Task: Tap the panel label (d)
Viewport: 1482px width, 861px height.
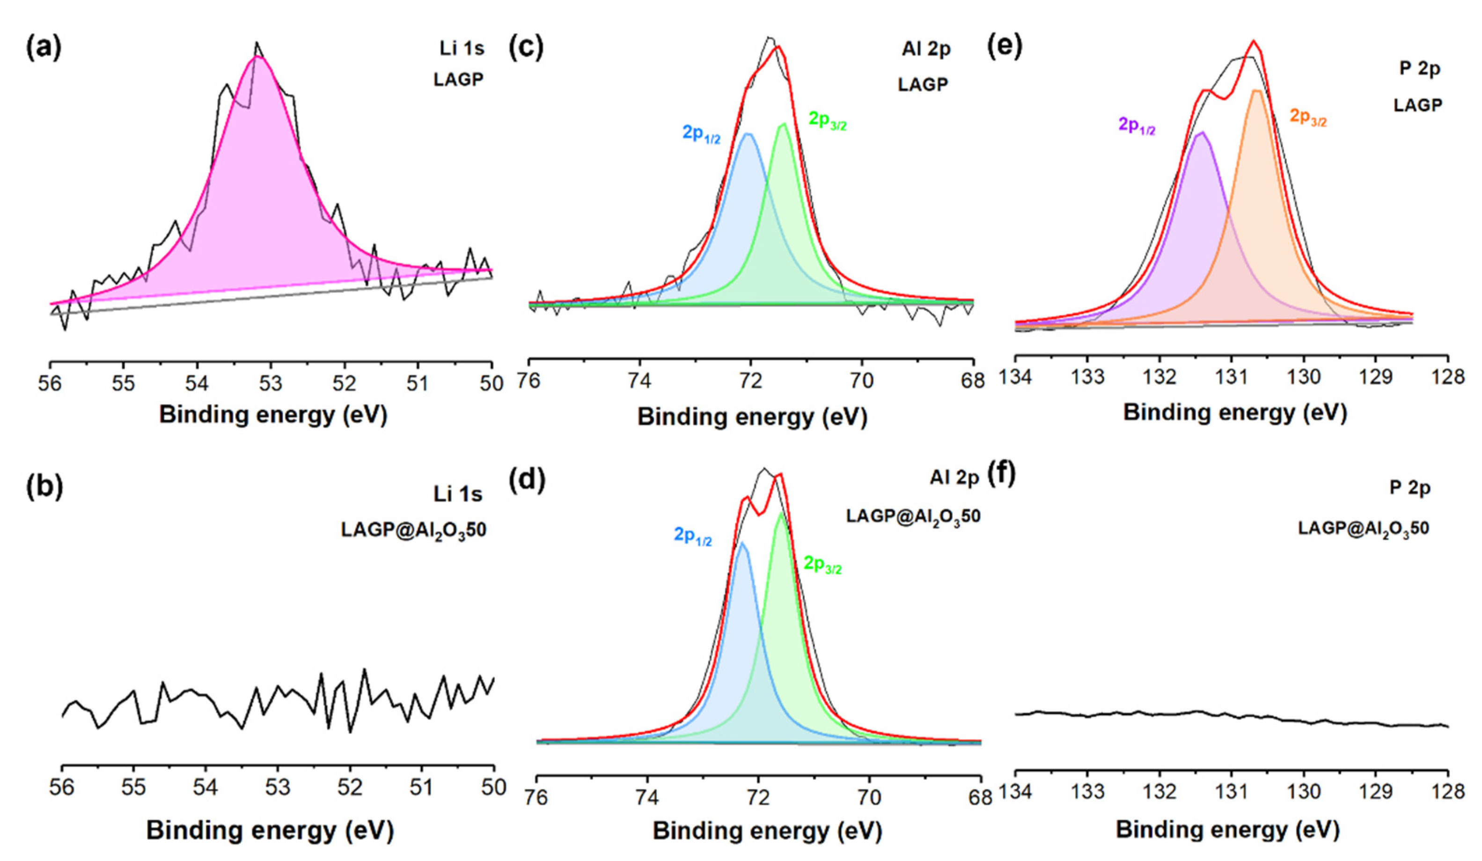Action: click(526, 479)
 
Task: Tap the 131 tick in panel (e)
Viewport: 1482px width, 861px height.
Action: click(1231, 377)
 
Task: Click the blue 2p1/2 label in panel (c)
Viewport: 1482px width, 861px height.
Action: click(701, 133)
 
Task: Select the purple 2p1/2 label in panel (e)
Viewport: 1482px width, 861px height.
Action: click(1136, 125)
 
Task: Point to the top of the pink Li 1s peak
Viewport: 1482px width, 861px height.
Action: click(257, 57)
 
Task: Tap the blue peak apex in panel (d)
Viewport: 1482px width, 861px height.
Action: click(742, 542)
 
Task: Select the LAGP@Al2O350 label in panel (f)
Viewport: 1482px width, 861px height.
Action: click(1363, 528)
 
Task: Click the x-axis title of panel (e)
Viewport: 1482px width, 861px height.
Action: click(1234, 413)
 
